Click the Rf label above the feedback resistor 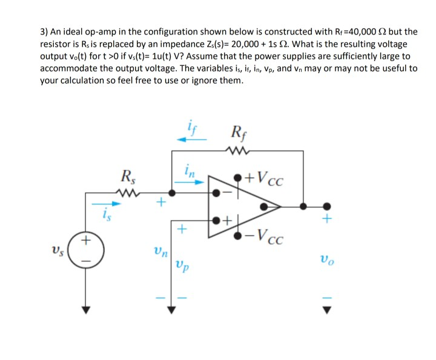(239, 132)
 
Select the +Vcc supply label (267, 179)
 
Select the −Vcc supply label (267, 235)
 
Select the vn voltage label (159, 249)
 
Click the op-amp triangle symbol (245, 206)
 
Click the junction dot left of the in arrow (172, 194)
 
